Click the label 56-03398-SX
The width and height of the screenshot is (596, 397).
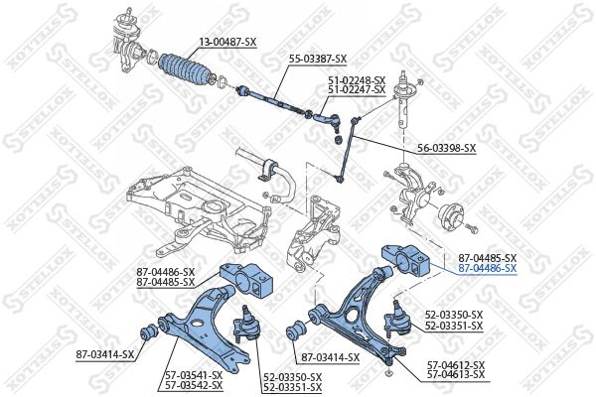point(446,148)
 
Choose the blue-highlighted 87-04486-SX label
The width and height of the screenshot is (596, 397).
point(487,268)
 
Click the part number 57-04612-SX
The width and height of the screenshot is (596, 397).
point(456,365)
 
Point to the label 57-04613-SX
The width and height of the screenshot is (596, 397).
point(456,375)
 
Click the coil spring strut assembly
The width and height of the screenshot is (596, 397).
point(403,104)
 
